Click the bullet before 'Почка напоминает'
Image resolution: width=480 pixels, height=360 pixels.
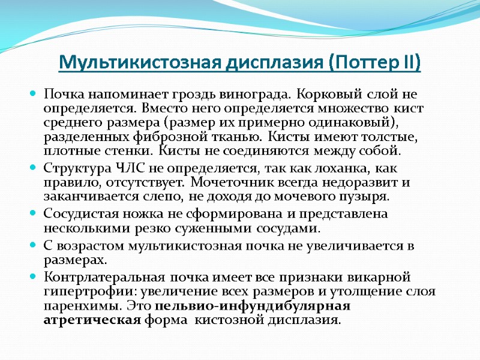[34, 95]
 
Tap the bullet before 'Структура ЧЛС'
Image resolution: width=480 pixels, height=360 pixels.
[34, 168]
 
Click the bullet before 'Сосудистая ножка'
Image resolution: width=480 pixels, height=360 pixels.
[34, 214]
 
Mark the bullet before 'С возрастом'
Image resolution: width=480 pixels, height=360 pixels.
[34, 247]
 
